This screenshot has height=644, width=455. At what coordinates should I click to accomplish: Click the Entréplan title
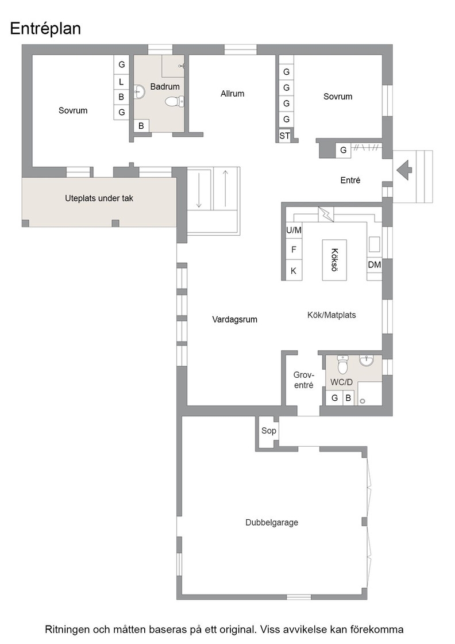(45, 29)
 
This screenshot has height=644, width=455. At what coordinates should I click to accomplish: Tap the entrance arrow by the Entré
(404, 169)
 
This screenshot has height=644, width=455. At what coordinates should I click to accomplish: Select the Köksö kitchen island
(334, 260)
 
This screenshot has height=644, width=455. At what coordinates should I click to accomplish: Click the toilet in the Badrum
(175, 101)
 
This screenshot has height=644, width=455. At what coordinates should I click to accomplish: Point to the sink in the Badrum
(140, 93)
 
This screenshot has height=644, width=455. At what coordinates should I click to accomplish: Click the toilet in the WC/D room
(342, 365)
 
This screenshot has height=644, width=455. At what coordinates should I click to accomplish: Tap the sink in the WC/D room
(367, 360)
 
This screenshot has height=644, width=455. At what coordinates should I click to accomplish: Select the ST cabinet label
(285, 136)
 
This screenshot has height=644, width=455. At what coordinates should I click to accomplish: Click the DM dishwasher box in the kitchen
(374, 265)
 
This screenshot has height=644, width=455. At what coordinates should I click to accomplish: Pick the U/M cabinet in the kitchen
(294, 231)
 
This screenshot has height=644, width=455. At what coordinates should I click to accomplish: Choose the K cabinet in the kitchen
(294, 271)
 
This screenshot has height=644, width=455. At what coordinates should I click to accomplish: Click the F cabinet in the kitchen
(294, 250)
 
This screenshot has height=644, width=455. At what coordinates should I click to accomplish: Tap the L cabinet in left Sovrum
(121, 82)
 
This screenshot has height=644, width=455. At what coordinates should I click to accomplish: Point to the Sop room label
(269, 431)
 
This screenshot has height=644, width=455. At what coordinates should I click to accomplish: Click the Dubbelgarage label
(272, 523)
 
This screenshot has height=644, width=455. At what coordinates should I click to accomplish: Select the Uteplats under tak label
(99, 198)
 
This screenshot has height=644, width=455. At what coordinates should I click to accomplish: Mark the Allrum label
(232, 94)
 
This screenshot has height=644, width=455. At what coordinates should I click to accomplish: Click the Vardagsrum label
(234, 320)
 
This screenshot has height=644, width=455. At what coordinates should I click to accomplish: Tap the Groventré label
(303, 380)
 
